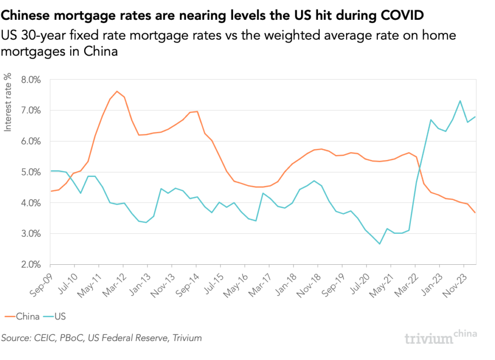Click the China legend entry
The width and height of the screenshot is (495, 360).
[x=23, y=317]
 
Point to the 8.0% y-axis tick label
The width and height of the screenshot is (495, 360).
[x=30, y=80]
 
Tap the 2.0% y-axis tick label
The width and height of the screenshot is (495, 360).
[x=30, y=265]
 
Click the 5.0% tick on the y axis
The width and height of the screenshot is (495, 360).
[x=30, y=173]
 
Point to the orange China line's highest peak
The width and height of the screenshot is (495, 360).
[x=117, y=91]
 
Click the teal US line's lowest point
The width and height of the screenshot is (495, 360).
[x=379, y=244]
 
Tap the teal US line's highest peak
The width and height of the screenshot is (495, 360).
[x=460, y=101]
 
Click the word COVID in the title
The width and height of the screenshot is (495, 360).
[x=399, y=15]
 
